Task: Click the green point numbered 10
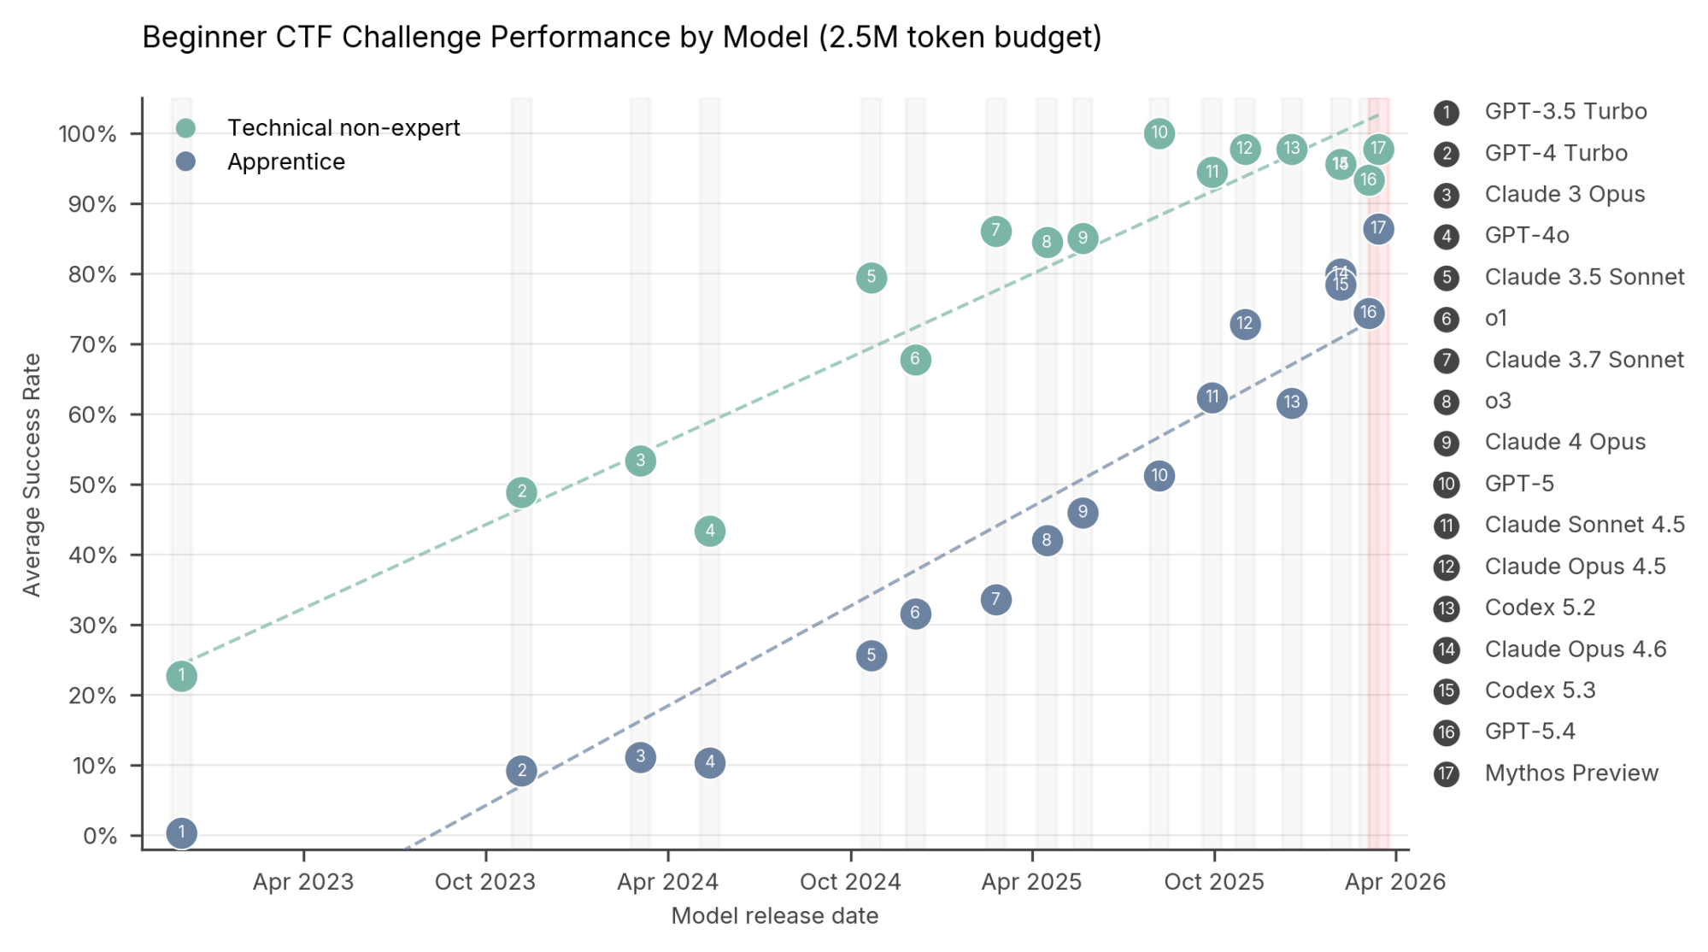pyautogui.click(x=1159, y=133)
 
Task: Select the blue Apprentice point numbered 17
pyautogui.click(x=1377, y=229)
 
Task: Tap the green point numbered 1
pyautogui.click(x=181, y=676)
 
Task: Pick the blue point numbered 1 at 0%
pyautogui.click(x=181, y=832)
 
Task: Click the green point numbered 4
pyautogui.click(x=709, y=531)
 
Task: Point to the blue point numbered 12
pyautogui.click(x=1244, y=324)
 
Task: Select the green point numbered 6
pyautogui.click(x=915, y=360)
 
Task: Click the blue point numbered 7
pyautogui.click(x=995, y=600)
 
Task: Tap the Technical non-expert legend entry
pyautogui.click(x=343, y=128)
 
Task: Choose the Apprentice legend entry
pyautogui.click(x=285, y=162)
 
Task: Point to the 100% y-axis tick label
pyautogui.click(x=87, y=134)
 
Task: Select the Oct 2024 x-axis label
pyautogui.click(x=849, y=882)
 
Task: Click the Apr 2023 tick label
pyautogui.click(x=303, y=882)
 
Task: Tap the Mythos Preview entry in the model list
pyautogui.click(x=1570, y=773)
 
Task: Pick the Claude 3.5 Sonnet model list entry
pyautogui.click(x=1583, y=277)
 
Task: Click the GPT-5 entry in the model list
pyautogui.click(x=1518, y=484)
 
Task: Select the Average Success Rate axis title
pyautogui.click(x=32, y=474)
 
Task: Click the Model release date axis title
pyautogui.click(x=774, y=916)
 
